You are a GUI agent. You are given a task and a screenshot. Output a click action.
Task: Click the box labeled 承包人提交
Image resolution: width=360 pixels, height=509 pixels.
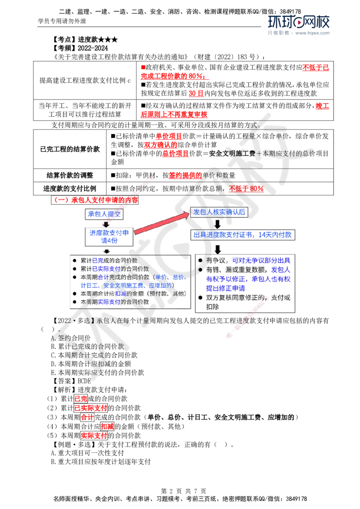104,214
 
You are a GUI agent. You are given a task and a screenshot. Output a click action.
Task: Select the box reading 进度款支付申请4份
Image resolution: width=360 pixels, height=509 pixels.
108,237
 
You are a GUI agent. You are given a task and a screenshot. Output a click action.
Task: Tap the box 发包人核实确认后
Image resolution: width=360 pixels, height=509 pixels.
219,212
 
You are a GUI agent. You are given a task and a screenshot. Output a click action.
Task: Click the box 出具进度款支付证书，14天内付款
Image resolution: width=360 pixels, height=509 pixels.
244,235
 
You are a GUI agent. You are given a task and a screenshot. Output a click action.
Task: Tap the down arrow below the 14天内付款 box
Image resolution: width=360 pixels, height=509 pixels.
218,248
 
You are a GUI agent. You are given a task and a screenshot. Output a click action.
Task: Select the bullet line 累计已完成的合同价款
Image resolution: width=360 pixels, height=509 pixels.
108,260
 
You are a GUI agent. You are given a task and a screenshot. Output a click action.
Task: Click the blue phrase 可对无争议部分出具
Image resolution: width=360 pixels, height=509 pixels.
261,261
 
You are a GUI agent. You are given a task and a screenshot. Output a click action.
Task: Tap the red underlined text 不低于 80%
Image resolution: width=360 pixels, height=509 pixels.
245,189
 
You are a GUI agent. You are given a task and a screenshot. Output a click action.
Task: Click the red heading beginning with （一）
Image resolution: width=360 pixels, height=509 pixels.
95,199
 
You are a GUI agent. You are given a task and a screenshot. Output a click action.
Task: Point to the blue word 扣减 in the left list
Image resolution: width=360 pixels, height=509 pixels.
120,294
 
